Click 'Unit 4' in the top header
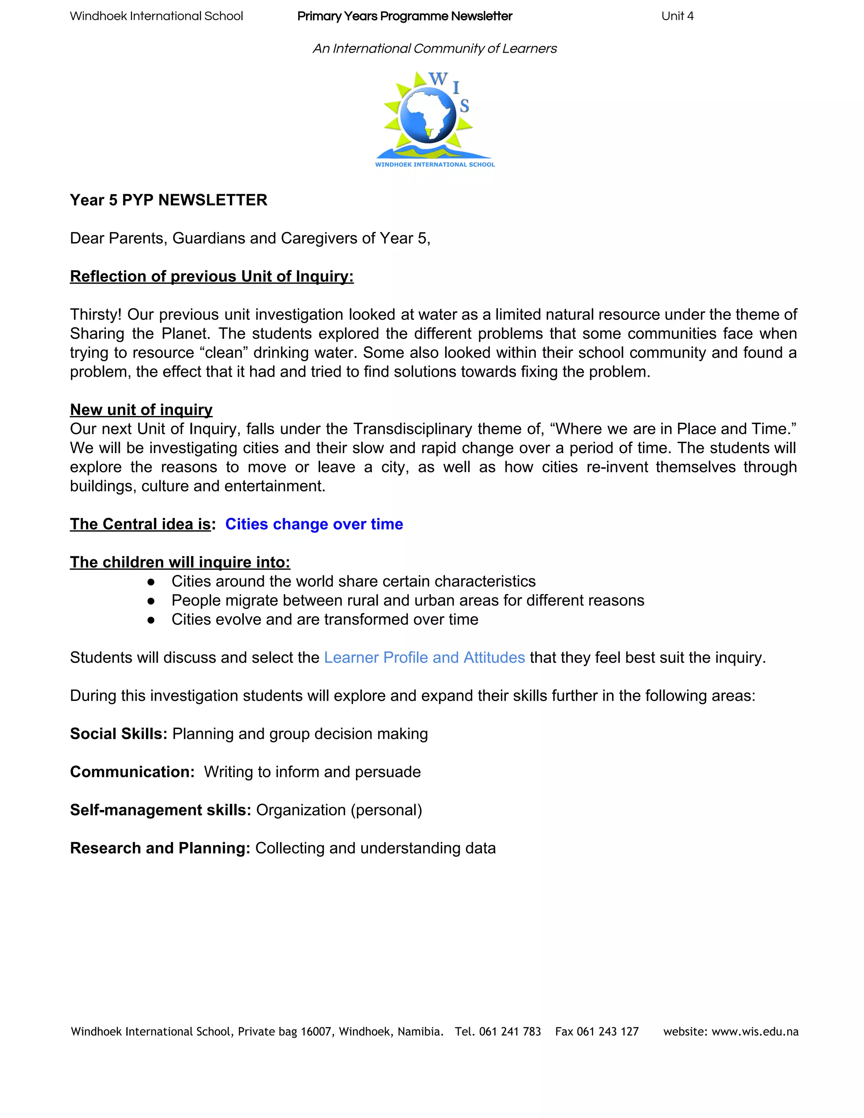pos(677,16)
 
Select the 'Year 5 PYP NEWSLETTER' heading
pos(168,200)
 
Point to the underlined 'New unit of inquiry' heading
pos(141,410)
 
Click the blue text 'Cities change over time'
pos(314,524)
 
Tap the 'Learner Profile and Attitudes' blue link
pos(424,657)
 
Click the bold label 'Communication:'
pos(132,772)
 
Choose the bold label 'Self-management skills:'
pos(161,810)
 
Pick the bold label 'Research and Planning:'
pos(160,848)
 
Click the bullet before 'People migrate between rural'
pos(151,600)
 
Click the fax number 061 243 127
pos(607,1032)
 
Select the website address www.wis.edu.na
pos(755,1032)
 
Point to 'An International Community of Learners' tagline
pos(435,49)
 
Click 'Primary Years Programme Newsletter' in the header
pos(404,16)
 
